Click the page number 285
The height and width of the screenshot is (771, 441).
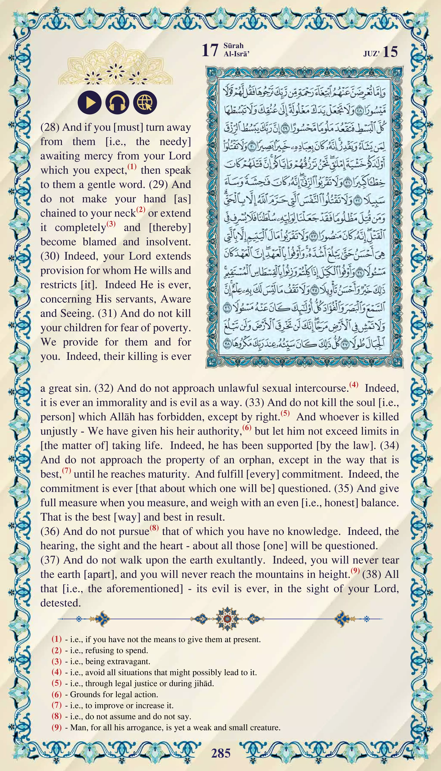pos(221,753)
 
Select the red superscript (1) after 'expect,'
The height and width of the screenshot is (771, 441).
pos(132,167)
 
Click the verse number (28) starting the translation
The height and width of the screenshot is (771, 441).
pos(50,127)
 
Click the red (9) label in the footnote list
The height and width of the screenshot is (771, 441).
pos(57,727)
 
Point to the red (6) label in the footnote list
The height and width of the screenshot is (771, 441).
pos(57,694)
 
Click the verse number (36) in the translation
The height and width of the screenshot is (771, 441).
pos(50,532)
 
